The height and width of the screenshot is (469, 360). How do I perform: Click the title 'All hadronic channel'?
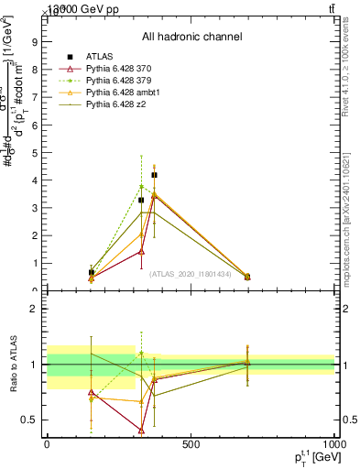click(191, 37)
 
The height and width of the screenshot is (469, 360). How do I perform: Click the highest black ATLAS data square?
click(154, 175)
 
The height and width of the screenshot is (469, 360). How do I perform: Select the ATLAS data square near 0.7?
click(91, 272)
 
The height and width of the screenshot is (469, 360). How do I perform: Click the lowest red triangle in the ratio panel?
click(141, 430)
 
